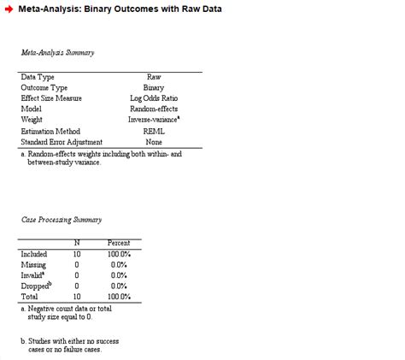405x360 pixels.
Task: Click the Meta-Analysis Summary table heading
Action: click(x=58, y=53)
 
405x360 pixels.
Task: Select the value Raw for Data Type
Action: click(x=154, y=77)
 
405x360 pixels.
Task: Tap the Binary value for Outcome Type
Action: click(x=154, y=88)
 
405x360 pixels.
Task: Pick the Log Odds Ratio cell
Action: click(x=154, y=98)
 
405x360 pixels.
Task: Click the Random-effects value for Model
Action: click(x=154, y=109)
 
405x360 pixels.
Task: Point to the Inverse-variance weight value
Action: click(x=153, y=121)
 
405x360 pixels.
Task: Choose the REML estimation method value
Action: click(x=154, y=132)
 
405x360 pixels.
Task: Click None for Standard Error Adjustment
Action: click(x=154, y=142)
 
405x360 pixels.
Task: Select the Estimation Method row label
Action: click(x=50, y=132)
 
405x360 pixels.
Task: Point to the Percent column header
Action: click(x=119, y=244)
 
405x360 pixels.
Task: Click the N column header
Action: click(x=76, y=244)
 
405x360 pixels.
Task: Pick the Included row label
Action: click(x=34, y=254)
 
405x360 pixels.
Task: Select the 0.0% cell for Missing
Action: click(x=119, y=265)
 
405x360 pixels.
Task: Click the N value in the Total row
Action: click(x=76, y=297)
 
